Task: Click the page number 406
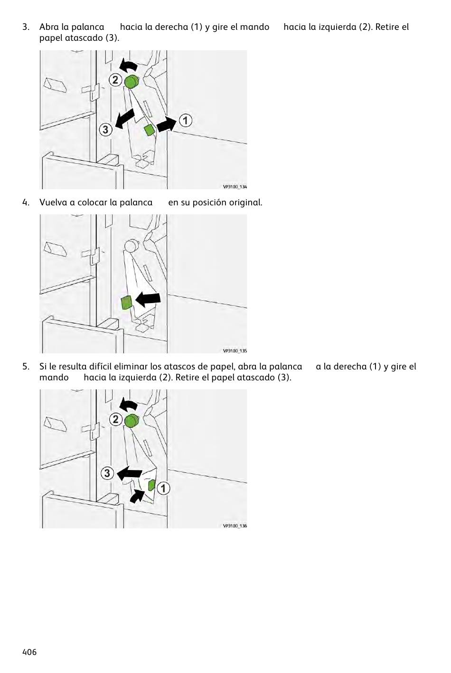(29, 652)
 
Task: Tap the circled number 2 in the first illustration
(115, 80)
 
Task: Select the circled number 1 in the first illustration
(186, 120)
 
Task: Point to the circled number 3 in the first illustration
(105, 130)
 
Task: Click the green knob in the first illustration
(132, 82)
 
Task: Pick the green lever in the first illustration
(150, 130)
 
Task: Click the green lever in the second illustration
(126, 303)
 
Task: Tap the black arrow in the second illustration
(148, 300)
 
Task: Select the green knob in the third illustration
(132, 421)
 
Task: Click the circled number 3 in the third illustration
(107, 473)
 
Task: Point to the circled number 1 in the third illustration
(163, 488)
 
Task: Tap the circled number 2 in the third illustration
(115, 419)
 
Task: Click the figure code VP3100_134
(235, 186)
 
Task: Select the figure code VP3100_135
(235, 350)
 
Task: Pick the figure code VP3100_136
(235, 526)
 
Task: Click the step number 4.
(26, 203)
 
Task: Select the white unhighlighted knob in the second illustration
(131, 246)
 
